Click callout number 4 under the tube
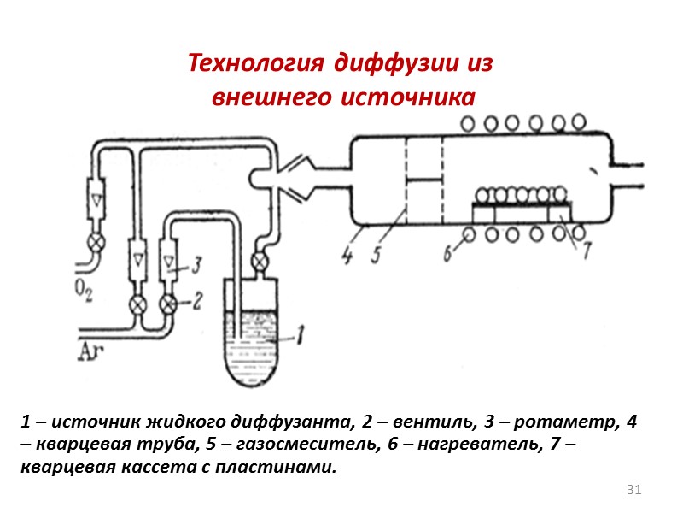(x=347, y=255)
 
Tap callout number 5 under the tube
(x=375, y=255)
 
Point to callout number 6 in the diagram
(x=448, y=254)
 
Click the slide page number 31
(x=633, y=490)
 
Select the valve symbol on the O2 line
(x=98, y=243)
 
